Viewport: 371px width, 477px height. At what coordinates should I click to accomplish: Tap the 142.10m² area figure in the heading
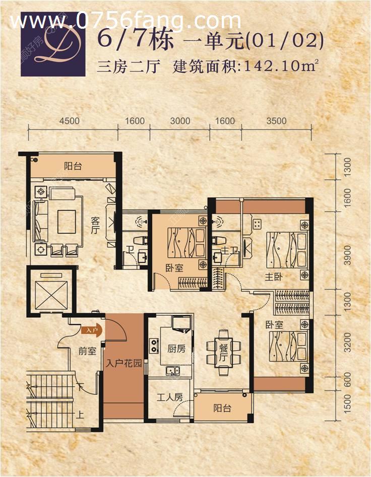click(x=280, y=66)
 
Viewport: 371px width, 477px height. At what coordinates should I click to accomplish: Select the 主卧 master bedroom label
click(x=273, y=276)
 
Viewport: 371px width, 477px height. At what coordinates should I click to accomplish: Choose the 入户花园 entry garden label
click(x=123, y=363)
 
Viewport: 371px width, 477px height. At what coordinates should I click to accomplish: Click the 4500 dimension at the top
click(x=70, y=121)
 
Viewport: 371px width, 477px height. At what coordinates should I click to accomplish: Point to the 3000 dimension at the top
click(x=180, y=121)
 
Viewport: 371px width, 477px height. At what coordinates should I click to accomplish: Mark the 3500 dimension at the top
click(x=276, y=121)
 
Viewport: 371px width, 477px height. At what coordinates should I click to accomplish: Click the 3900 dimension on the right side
click(x=346, y=251)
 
